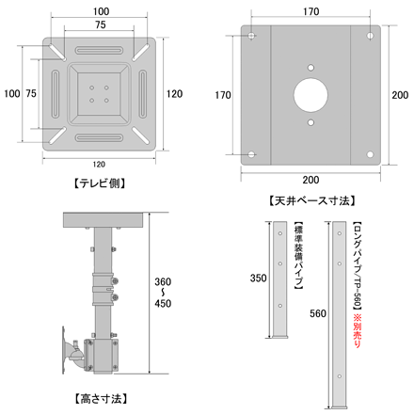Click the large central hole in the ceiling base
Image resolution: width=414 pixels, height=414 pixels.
pos(310,95)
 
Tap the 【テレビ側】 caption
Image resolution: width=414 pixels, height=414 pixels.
pos(100,183)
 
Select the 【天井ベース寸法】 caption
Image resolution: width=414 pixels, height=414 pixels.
pos(311,200)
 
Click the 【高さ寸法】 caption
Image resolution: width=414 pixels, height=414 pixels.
pos(101,399)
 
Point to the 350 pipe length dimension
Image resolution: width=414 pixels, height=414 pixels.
pos(258,278)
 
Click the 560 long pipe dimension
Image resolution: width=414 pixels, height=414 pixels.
pos(318,313)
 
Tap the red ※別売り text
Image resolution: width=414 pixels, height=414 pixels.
pos(358,330)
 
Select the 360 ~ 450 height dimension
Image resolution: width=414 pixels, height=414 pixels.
pos(163,293)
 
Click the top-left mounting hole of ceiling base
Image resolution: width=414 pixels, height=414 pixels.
pos(251,36)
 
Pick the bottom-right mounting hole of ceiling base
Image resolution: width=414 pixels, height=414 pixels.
pos(370,154)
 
